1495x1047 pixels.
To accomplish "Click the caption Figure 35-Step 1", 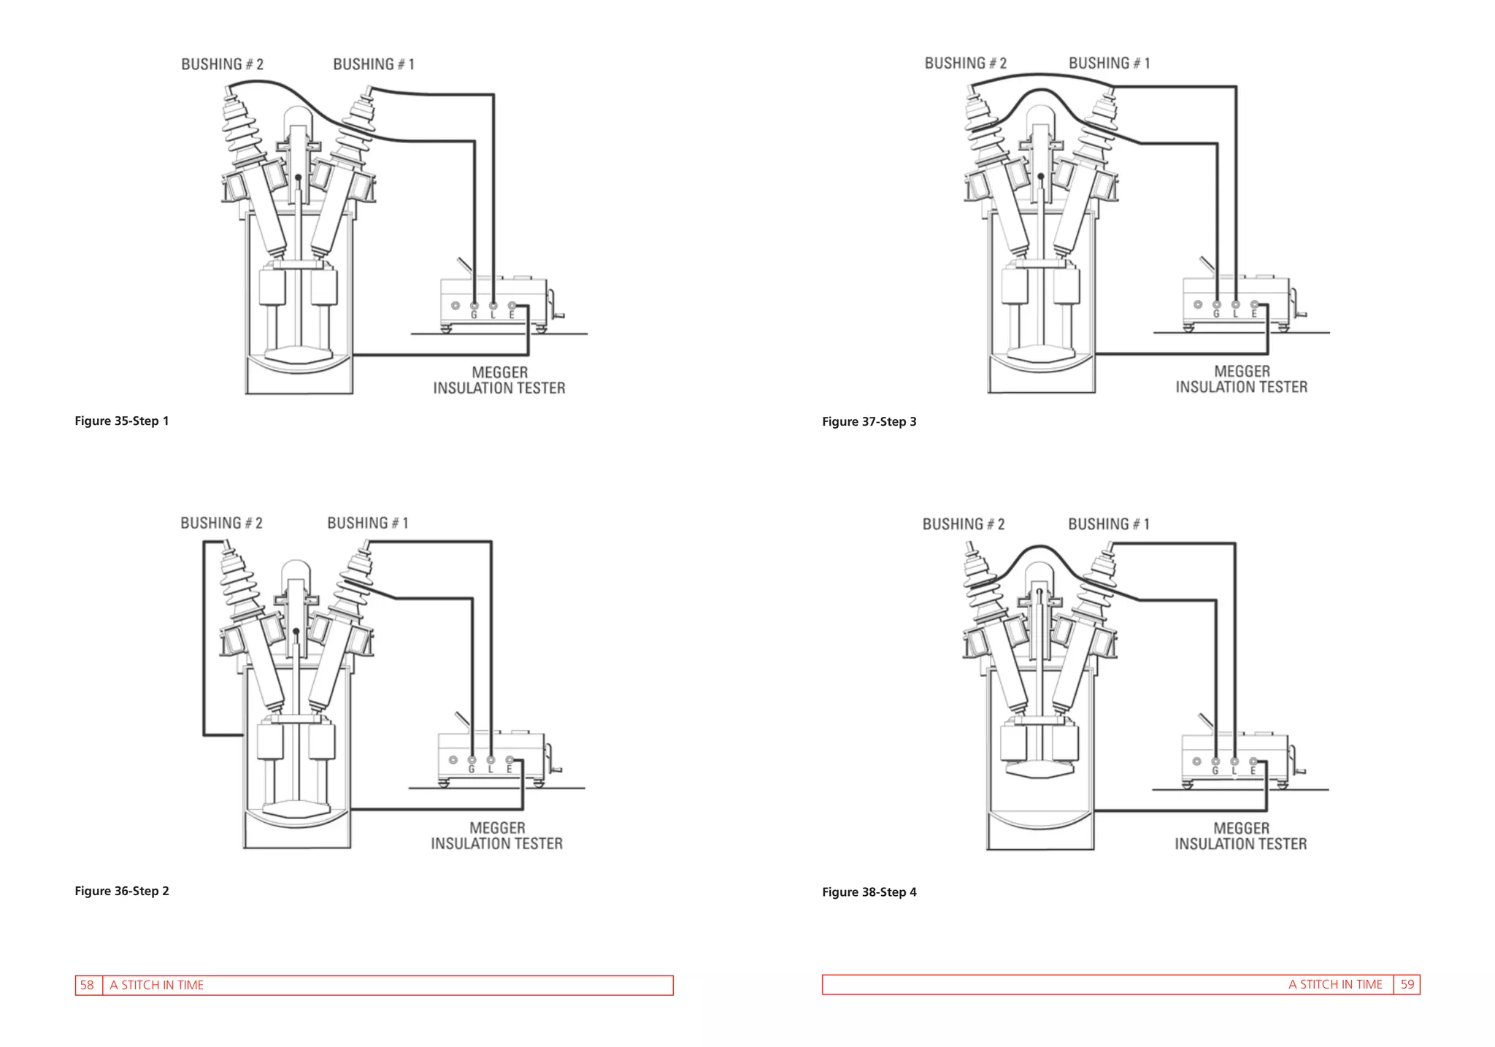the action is click(121, 421).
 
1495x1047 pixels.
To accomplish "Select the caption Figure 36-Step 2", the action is click(122, 891).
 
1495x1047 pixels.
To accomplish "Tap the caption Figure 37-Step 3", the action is click(869, 422).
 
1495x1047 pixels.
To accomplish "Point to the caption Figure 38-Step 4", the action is click(869, 892).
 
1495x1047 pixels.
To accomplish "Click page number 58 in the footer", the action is click(87, 985).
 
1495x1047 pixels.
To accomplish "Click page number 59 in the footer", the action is click(1407, 984).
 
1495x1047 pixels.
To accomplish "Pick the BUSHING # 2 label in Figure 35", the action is click(223, 64).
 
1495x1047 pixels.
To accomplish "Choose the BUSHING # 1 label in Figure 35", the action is click(374, 64).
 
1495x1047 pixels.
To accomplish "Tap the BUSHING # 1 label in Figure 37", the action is click(1110, 64).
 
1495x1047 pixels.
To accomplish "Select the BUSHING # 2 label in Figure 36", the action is click(222, 523).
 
